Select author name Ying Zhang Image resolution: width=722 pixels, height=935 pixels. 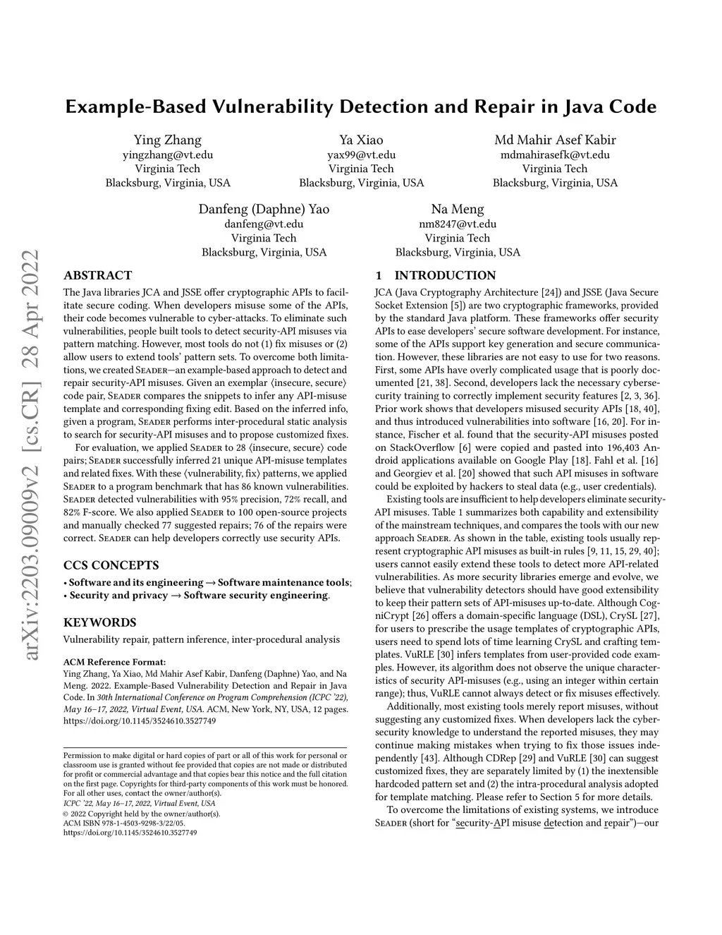(x=168, y=140)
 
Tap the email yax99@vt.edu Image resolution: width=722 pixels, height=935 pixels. (x=361, y=155)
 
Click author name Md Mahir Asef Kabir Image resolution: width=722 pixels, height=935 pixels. (x=555, y=140)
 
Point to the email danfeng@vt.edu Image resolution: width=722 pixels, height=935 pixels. (x=264, y=224)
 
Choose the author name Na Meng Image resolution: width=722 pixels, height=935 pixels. (x=458, y=209)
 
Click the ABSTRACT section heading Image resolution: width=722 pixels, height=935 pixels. (x=97, y=275)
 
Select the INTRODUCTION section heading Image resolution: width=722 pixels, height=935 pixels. (x=445, y=275)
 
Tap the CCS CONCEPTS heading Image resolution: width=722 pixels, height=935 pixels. (x=111, y=565)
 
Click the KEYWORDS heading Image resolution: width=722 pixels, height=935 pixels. (x=99, y=622)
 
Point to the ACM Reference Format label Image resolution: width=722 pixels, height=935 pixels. (x=114, y=662)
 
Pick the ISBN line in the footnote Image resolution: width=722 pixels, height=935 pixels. (x=124, y=823)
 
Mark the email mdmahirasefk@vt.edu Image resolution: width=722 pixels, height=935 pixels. (x=555, y=155)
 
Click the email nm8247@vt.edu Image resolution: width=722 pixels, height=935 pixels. (x=458, y=224)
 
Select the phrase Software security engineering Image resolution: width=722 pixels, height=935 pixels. (x=256, y=595)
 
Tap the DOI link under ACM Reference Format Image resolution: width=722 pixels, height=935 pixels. (x=140, y=721)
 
